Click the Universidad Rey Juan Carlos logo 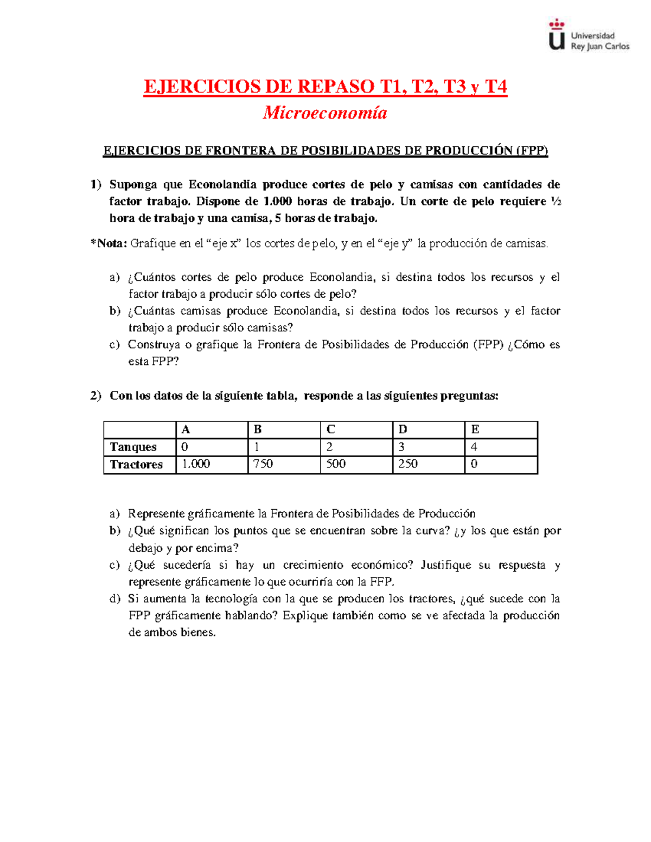[589, 36]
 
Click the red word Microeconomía [325, 113]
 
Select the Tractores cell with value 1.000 [212, 464]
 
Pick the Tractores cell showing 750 [284, 464]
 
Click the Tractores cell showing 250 [428, 464]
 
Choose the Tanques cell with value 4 [500, 447]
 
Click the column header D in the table [428, 429]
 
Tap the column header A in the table [212, 429]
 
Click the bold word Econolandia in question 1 [222, 184]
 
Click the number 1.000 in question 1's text [277, 201]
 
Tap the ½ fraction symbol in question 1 [556, 201]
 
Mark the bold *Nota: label [109, 243]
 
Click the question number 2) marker [96, 395]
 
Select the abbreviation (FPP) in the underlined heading [532, 151]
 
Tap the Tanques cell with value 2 [356, 447]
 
